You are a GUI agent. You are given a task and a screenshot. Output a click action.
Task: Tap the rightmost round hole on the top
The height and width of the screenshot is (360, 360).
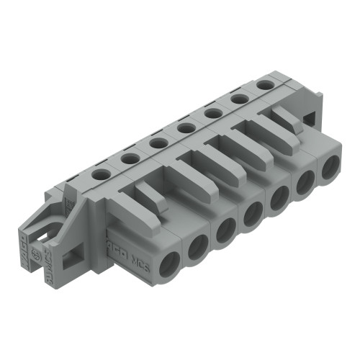pos(266,84)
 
